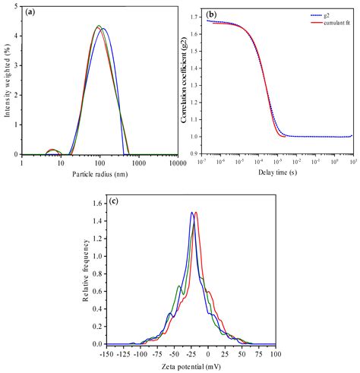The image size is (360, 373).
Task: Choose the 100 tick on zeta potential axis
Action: click(273, 354)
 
